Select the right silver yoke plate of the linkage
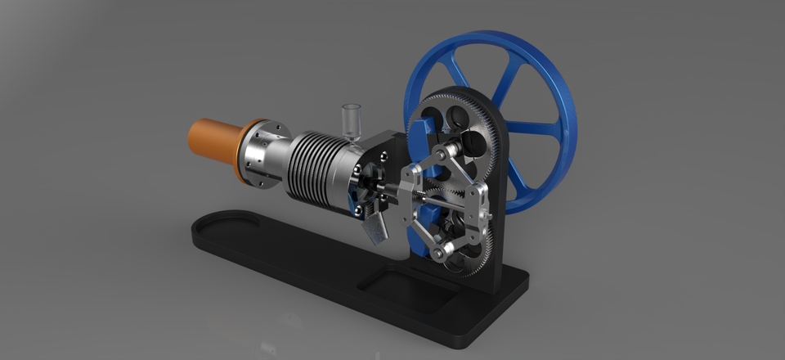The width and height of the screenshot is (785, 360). pos(477,205)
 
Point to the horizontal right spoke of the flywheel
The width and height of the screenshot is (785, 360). pos(532,128)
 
